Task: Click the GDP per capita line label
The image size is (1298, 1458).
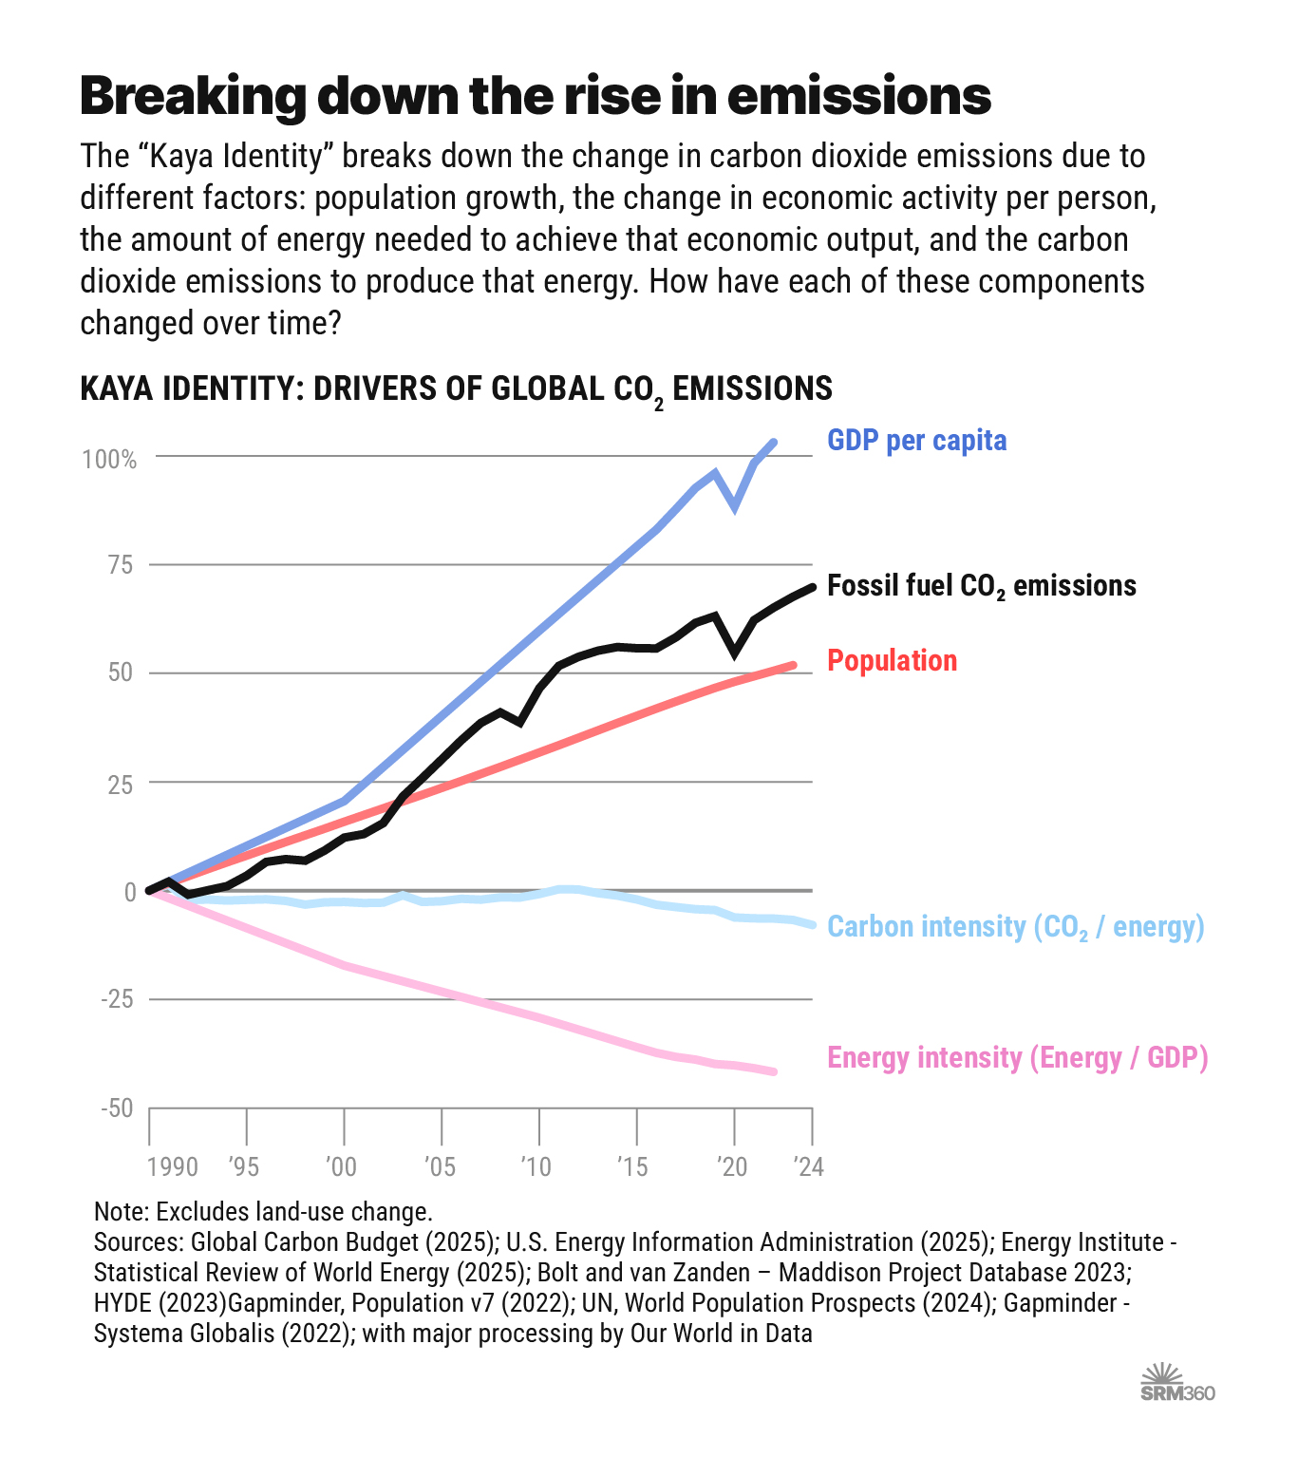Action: [916, 441]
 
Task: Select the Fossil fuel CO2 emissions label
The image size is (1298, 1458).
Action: [981, 586]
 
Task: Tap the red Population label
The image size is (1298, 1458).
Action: [892, 661]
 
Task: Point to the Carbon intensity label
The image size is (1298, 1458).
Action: [1015, 927]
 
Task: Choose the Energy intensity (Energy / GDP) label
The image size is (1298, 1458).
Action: [1017, 1058]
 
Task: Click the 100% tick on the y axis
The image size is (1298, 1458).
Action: [110, 460]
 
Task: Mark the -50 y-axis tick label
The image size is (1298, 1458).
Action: [117, 1108]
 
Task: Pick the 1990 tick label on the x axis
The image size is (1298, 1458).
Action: [172, 1166]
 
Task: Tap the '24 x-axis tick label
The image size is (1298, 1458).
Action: [808, 1166]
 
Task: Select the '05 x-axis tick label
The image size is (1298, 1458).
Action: [441, 1166]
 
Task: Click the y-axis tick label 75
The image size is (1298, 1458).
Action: [120, 566]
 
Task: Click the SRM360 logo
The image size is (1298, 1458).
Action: [1176, 1383]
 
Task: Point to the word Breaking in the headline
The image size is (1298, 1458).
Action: [193, 96]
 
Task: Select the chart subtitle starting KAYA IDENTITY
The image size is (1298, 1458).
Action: [456, 389]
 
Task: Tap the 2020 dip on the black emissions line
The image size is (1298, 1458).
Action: [734, 653]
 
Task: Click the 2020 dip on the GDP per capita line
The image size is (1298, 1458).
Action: [734, 507]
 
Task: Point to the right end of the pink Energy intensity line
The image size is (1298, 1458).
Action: [774, 1071]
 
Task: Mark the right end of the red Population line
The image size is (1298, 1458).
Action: [793, 666]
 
